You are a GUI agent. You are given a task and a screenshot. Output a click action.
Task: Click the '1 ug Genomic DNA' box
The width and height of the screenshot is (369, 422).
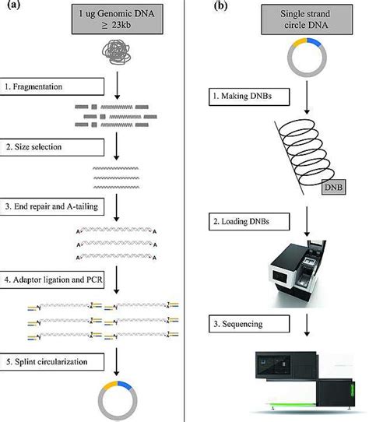pyautogui.click(x=118, y=19)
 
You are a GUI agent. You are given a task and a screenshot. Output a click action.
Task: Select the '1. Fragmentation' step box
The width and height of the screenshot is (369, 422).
pyautogui.click(x=52, y=86)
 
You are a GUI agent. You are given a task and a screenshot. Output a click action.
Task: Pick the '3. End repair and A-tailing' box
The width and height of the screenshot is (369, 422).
pyautogui.click(x=52, y=206)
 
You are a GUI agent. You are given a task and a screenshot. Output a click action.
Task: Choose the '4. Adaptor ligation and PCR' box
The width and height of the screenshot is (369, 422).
pyautogui.click(x=52, y=280)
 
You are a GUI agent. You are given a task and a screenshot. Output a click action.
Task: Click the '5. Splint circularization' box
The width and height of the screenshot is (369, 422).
pyautogui.click(x=52, y=362)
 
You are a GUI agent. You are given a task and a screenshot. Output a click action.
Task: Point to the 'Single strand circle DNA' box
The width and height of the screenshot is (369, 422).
pyautogui.click(x=307, y=19)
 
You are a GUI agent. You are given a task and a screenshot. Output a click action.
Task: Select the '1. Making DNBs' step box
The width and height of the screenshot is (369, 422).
pyautogui.click(x=249, y=97)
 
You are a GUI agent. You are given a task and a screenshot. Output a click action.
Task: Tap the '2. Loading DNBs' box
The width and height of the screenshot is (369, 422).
pyautogui.click(x=249, y=222)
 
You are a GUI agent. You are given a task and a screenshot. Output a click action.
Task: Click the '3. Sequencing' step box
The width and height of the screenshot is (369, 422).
pyautogui.click(x=249, y=324)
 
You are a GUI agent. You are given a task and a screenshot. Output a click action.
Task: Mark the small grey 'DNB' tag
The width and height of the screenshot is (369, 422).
pyautogui.click(x=333, y=187)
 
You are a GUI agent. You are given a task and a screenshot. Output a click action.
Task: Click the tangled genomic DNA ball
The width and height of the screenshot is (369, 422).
pyautogui.click(x=117, y=52)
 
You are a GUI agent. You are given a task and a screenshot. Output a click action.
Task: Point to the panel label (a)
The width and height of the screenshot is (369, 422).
pyautogui.click(x=13, y=5)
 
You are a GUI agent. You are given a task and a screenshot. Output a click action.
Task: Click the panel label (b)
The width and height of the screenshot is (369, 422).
pyautogui.click(x=221, y=5)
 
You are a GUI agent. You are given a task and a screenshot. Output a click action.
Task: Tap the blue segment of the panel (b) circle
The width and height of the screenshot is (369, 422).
pyautogui.click(x=314, y=42)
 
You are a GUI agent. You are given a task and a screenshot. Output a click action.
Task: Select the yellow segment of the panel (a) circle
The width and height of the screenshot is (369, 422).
pyautogui.click(x=110, y=385)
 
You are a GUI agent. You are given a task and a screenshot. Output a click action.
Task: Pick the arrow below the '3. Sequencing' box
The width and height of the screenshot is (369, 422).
pyautogui.click(x=307, y=325)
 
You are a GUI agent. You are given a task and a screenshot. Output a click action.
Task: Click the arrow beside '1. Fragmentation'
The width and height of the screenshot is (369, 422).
pyautogui.click(x=117, y=86)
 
